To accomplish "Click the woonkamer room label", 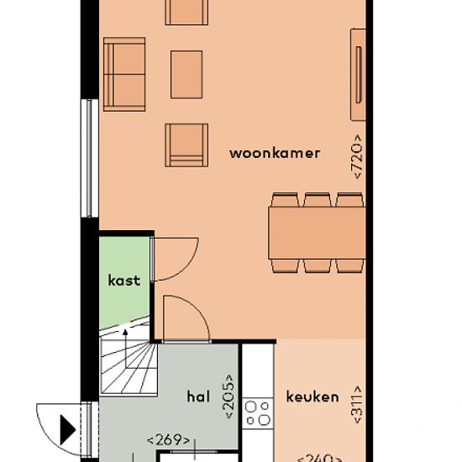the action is tap(275, 154).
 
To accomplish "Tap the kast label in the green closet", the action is tap(124, 281).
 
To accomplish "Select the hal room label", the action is tap(198, 396).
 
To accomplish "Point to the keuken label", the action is tap(312, 396).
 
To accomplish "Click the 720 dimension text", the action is tap(357, 156).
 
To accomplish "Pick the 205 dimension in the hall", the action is tap(229, 396).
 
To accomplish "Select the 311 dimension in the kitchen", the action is tap(356, 404).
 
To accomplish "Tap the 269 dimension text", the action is tap(169, 440).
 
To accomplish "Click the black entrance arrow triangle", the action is tap(67, 430).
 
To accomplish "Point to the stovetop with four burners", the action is tap(258, 413).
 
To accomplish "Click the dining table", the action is tap(317, 233).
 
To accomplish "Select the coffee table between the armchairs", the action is tap(186, 75).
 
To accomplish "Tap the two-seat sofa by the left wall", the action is tap(124, 74).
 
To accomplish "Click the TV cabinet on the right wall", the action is tap(358, 75).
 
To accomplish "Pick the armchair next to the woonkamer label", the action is tap(186, 145).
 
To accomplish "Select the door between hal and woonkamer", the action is tap(186, 318).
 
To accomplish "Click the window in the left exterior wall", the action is tap(90, 158).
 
